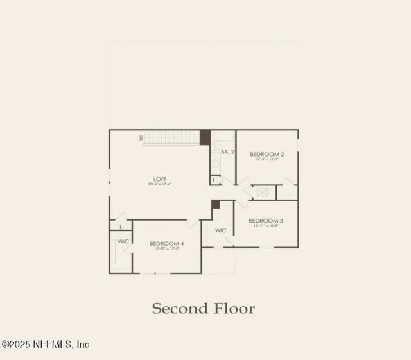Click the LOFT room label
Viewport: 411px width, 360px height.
tap(160, 178)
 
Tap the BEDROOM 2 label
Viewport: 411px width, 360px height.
tap(267, 154)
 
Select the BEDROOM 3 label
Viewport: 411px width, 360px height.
tap(266, 220)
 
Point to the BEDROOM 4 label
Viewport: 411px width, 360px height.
tap(167, 243)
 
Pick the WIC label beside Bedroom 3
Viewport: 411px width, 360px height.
tap(221, 230)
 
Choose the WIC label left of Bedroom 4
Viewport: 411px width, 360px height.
tap(124, 241)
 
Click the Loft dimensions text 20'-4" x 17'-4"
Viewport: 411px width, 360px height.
tap(160, 184)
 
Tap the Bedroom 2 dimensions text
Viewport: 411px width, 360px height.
tap(267, 160)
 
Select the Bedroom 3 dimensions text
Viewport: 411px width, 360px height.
tap(266, 226)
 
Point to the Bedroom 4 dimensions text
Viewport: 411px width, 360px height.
tap(167, 249)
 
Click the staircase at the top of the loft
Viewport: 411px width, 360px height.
tap(171, 137)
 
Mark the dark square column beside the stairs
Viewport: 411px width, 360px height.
tap(205, 137)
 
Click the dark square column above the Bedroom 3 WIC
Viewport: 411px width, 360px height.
tap(216, 204)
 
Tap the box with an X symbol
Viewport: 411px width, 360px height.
tap(262, 192)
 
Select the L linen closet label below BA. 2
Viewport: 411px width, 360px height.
tap(214, 180)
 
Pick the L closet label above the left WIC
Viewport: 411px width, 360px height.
tap(121, 227)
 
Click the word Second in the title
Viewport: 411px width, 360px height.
tap(174, 309)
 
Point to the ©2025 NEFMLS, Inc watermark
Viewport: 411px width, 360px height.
tap(46, 345)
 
